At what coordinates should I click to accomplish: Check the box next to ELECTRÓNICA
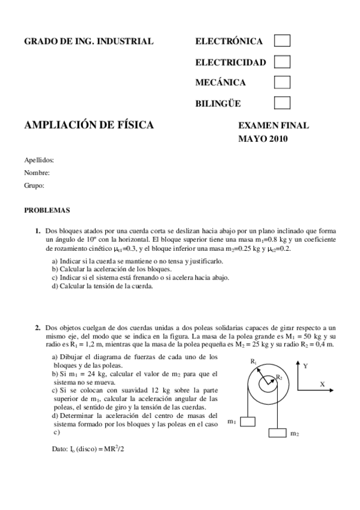click(282, 41)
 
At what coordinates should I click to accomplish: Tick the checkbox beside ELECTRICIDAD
click(282, 61)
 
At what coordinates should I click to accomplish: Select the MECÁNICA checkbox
click(282, 82)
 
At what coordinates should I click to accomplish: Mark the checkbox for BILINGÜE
click(282, 103)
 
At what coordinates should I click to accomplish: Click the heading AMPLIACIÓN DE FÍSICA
click(88, 125)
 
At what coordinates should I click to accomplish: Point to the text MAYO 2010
click(263, 139)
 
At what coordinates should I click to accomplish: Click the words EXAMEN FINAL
click(273, 126)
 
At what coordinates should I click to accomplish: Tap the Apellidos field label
click(39, 160)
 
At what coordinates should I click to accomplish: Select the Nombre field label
click(37, 173)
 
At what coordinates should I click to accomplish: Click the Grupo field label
click(34, 185)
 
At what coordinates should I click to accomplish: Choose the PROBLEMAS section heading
click(47, 210)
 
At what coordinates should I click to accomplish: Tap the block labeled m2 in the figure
click(277, 432)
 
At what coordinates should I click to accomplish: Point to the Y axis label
click(306, 365)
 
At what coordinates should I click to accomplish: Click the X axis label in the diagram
click(322, 384)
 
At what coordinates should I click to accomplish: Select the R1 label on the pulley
click(254, 361)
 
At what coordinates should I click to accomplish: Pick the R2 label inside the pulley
click(279, 377)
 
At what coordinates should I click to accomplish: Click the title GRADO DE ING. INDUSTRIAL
click(88, 41)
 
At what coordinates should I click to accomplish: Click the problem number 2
click(37, 327)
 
